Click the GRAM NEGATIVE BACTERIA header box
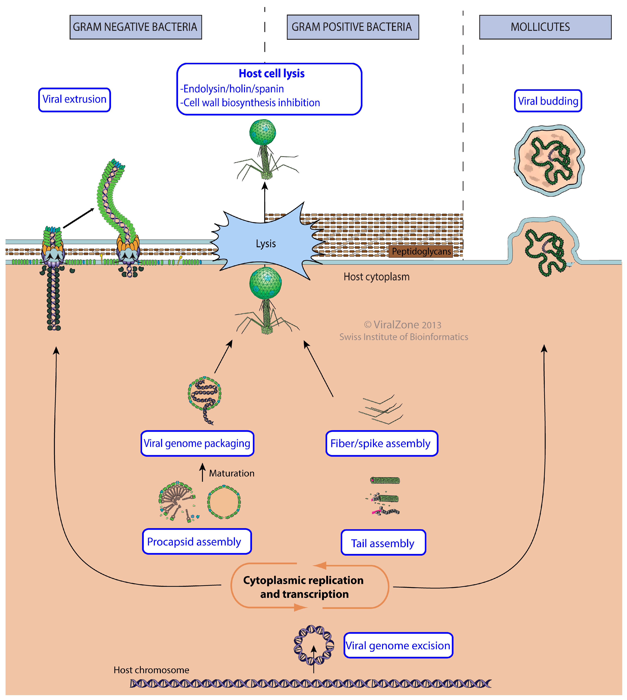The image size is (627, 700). click(x=135, y=27)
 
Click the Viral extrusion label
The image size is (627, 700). click(x=74, y=99)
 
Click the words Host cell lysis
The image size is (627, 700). click(x=271, y=74)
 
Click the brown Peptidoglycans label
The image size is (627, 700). click(x=421, y=251)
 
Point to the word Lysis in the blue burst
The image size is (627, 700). click(x=266, y=244)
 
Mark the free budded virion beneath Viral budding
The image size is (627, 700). click(x=549, y=160)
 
